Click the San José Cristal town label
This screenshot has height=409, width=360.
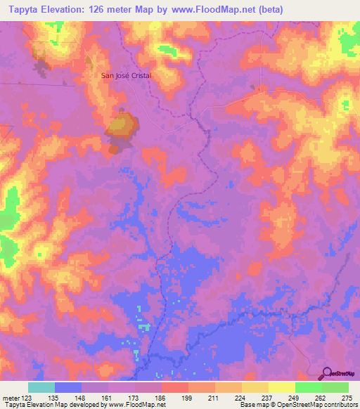(127, 76)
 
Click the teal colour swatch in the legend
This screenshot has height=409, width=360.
(41, 387)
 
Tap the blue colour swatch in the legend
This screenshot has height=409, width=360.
(67, 387)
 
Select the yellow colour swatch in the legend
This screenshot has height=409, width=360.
(281, 387)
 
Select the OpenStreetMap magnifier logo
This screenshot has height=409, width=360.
(326, 373)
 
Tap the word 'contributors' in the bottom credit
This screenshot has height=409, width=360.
(338, 405)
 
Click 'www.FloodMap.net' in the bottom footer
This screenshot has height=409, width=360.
(137, 405)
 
